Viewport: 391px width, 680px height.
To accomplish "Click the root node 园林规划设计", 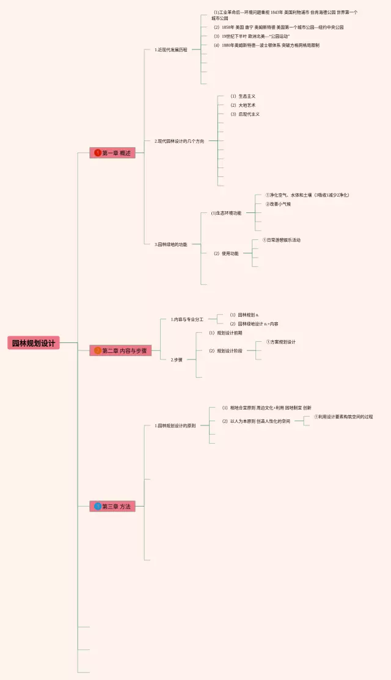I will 34,343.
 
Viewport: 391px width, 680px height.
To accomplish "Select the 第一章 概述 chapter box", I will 112,153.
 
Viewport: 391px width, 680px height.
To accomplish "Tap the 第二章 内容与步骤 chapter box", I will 120,351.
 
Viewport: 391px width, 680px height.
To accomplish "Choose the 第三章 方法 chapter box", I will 112,506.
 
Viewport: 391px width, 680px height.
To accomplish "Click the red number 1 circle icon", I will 98,153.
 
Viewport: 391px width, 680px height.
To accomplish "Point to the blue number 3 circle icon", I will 98,506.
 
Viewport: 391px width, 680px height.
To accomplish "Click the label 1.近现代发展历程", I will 171,49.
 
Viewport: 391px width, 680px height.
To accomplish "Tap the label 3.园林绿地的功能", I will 171,244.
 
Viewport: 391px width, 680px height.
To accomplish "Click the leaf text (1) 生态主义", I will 243,96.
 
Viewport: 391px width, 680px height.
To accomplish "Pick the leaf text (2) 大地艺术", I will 243,105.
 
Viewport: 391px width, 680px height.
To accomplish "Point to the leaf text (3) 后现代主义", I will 245,114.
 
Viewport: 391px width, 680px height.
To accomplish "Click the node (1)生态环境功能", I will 226,213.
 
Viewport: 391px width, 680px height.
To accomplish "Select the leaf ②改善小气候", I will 278,204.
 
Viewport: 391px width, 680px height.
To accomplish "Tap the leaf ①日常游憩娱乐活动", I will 282,240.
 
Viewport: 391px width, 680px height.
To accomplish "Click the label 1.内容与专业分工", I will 187,319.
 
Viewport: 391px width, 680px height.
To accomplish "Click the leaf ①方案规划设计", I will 280,342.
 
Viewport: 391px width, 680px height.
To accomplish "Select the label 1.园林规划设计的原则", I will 175,425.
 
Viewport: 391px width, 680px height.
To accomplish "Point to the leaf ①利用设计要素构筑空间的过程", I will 343,416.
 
